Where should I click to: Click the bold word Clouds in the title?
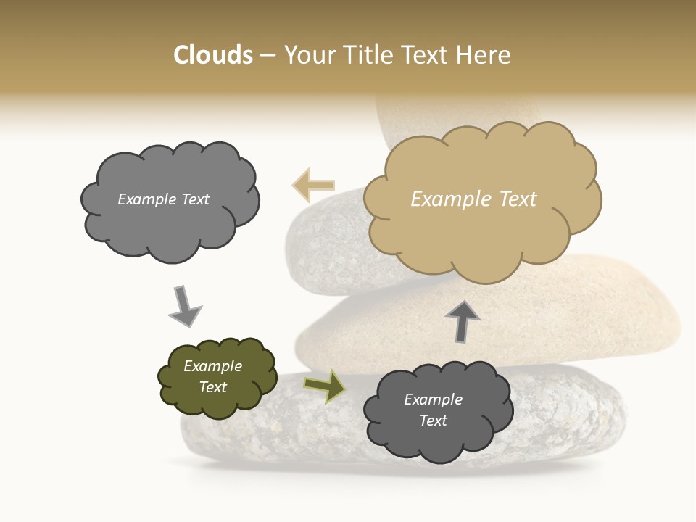[x=213, y=55]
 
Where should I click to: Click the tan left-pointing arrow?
[x=313, y=185]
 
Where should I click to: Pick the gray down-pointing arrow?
[x=184, y=305]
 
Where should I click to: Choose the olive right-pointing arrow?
[x=325, y=386]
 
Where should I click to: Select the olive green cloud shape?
[x=217, y=377]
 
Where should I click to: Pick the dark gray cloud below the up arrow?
[x=438, y=410]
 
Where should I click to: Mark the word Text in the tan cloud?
[x=518, y=199]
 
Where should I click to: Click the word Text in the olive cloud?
[x=213, y=387]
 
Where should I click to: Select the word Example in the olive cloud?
[x=213, y=366]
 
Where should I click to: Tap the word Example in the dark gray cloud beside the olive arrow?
[x=434, y=399]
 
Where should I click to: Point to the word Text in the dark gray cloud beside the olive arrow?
[x=434, y=420]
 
